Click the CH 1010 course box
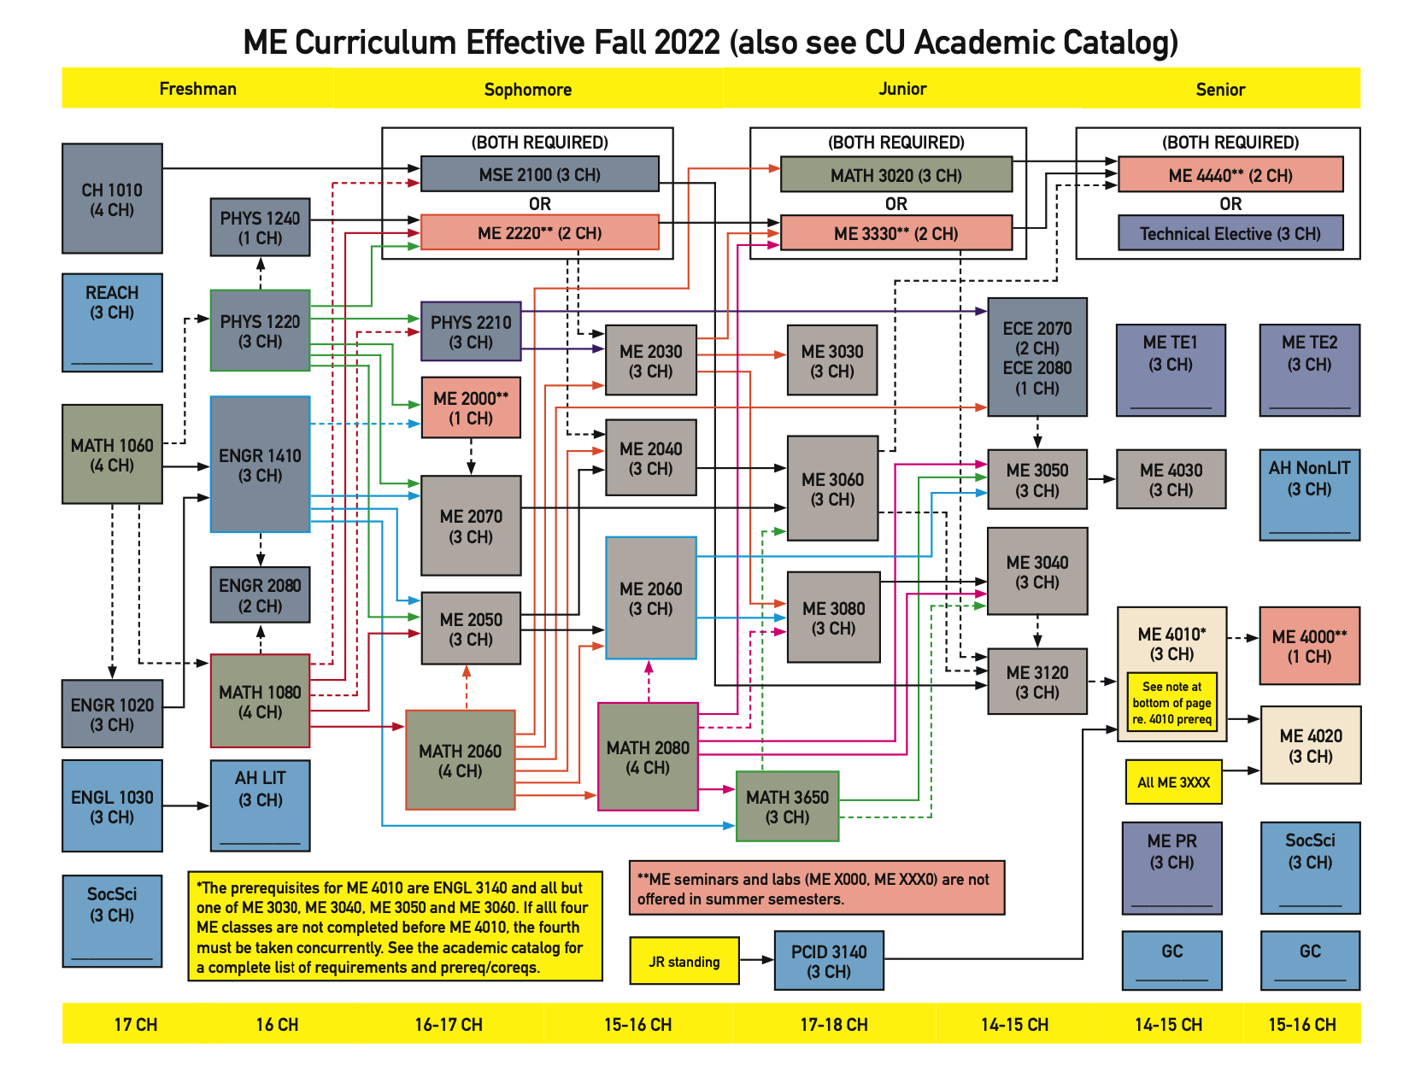pos(112,199)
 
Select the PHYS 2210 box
pos(471,331)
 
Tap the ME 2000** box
pos(471,407)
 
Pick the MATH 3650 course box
pos(787,806)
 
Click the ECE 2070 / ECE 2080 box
pos(1037,357)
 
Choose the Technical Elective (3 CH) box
pos(1230,233)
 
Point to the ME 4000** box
pos(1309,646)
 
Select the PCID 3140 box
pos(829,961)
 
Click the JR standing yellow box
pos(684,961)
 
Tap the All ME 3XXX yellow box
pos(1173,782)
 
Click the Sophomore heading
pos(528,89)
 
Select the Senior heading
pos(1220,89)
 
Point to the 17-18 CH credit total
pos(834,1024)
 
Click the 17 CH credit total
pos(136,1024)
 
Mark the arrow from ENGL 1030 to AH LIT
pos(186,805)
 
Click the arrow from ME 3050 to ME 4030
pos(1101,479)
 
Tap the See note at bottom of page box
pos(1171,703)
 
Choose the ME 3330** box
pos(896,233)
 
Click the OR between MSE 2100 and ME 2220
pos(540,203)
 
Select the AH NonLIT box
pos(1309,495)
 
